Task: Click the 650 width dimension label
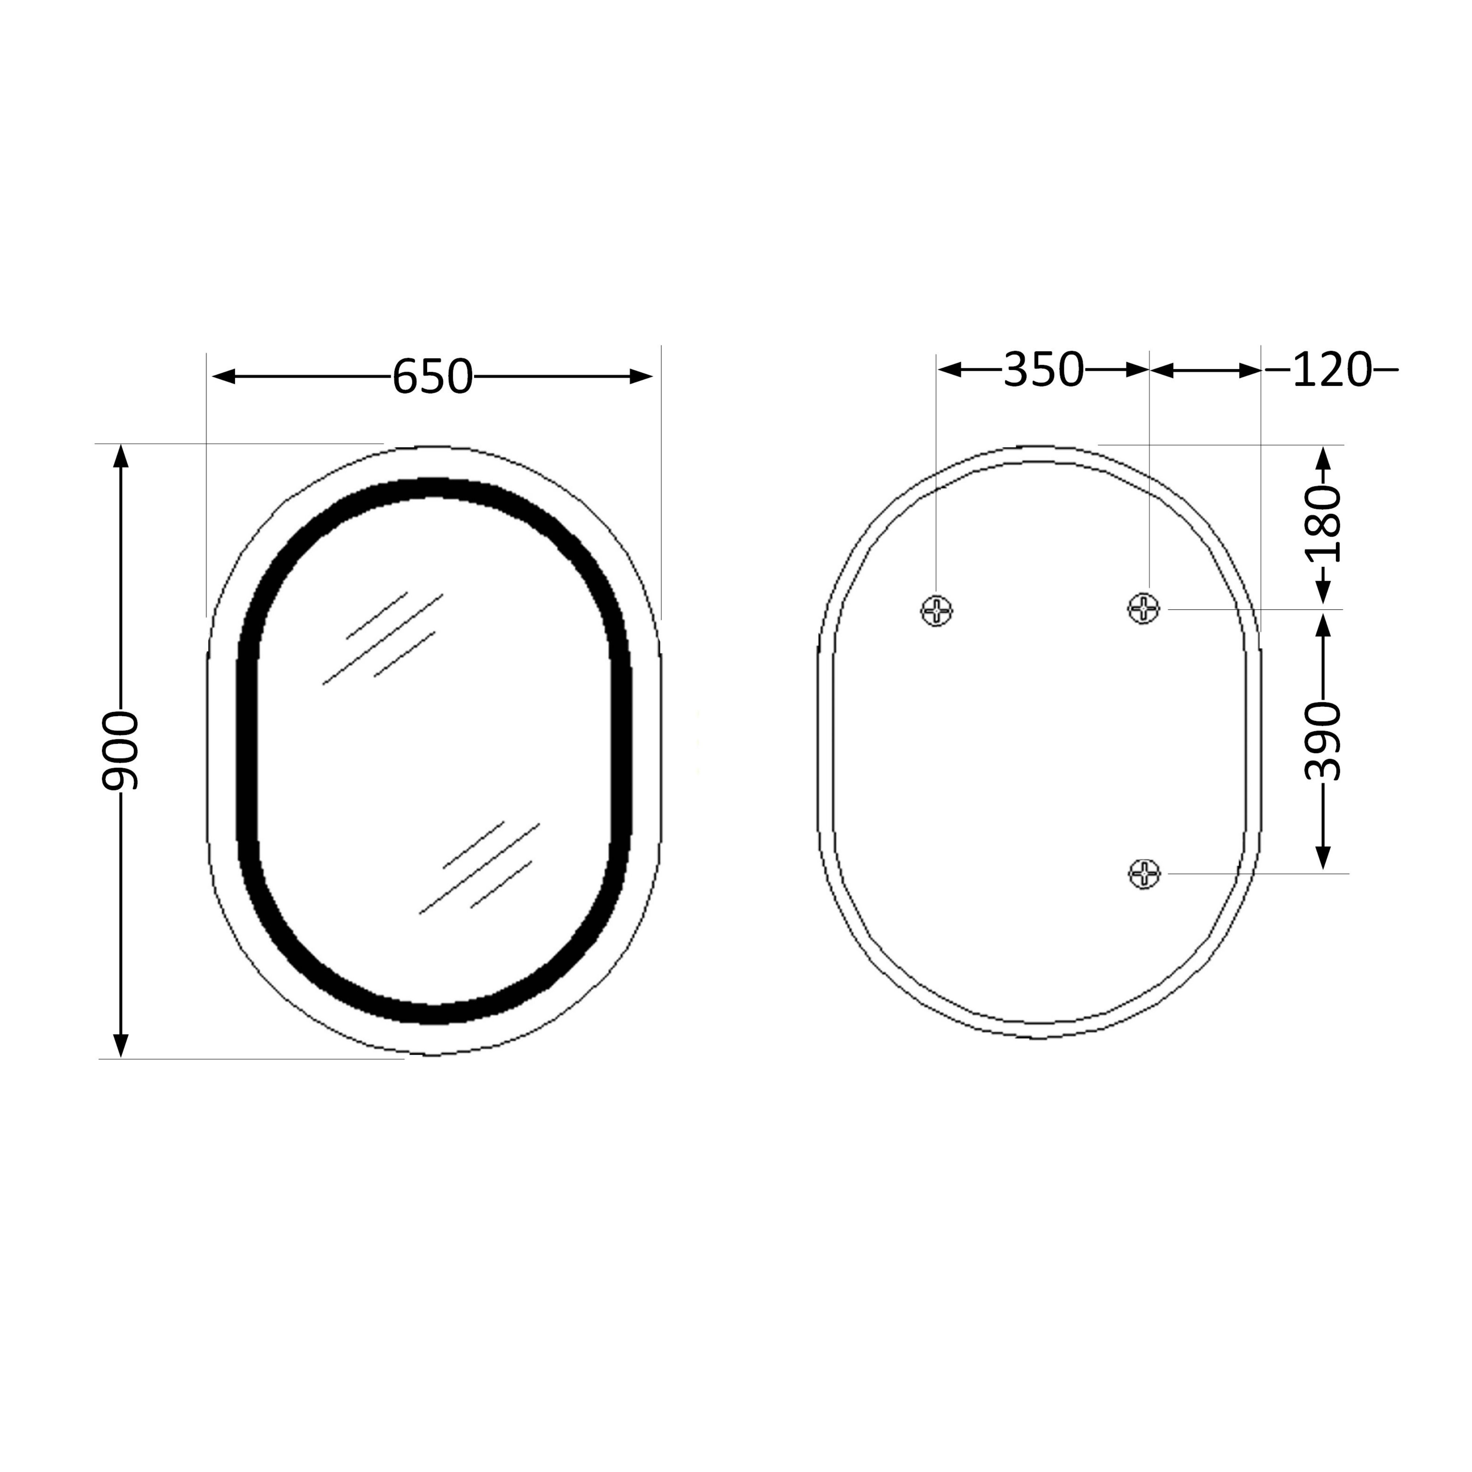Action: click(432, 376)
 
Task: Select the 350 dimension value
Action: click(1043, 369)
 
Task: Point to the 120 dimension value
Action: click(1332, 369)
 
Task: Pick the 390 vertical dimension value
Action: click(1323, 741)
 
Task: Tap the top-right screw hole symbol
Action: click(1144, 608)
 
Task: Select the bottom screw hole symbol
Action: click(1144, 873)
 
